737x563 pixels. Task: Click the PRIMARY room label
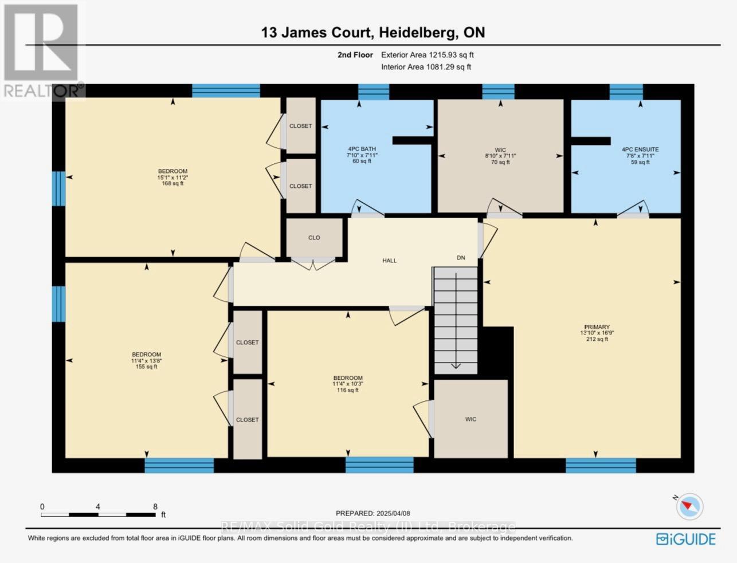[x=597, y=327]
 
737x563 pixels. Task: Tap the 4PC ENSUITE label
[x=640, y=149]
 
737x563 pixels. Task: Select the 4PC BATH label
[x=362, y=149]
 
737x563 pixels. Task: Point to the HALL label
[x=390, y=261]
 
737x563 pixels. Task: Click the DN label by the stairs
[x=461, y=258]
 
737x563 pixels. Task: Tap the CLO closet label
[x=314, y=238]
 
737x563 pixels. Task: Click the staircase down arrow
[x=456, y=320]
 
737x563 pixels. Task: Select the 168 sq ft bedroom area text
[x=173, y=183]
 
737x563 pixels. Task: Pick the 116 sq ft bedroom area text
[x=348, y=390]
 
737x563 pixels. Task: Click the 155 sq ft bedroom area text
[x=146, y=367]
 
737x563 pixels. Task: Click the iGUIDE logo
[x=685, y=540]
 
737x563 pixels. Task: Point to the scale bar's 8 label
[x=155, y=507]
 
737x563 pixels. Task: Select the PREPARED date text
[x=373, y=513]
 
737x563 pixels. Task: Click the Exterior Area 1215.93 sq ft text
[x=428, y=55]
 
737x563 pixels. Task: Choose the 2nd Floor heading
[x=355, y=55]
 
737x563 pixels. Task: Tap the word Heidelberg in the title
[x=418, y=33]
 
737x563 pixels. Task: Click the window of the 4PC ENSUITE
[x=626, y=92]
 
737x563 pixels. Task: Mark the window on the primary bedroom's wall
[x=601, y=466]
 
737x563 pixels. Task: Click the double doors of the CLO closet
[x=313, y=263]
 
